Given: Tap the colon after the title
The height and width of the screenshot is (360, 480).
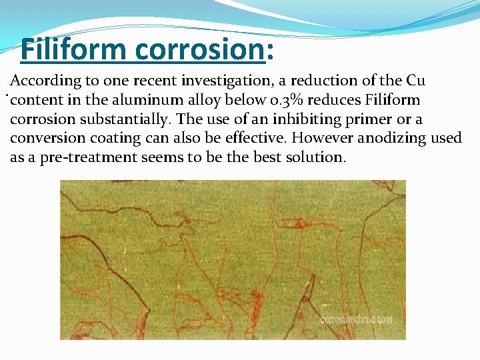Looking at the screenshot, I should (x=271, y=50).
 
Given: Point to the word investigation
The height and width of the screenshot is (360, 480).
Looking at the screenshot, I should (x=225, y=81).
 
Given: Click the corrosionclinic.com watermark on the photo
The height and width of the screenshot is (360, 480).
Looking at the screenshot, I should (x=356, y=319).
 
